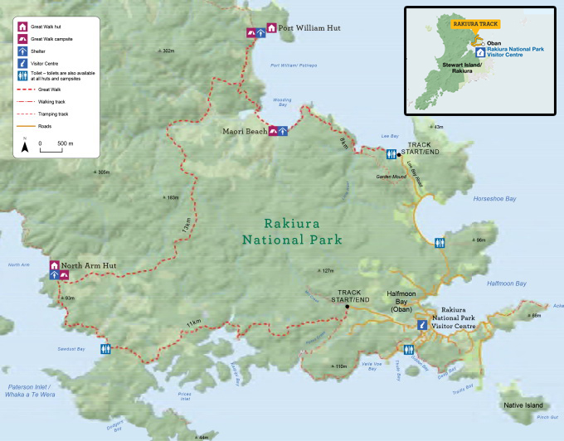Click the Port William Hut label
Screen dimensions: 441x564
(x=309, y=27)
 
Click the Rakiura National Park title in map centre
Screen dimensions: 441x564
(x=291, y=232)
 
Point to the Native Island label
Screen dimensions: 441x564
(x=523, y=405)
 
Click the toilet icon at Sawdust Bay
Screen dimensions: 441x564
(x=105, y=349)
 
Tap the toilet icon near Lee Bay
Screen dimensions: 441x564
(x=391, y=154)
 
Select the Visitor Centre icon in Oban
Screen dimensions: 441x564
(x=421, y=326)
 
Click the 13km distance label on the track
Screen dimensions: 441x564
(x=189, y=223)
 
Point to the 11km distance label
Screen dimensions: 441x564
(x=193, y=322)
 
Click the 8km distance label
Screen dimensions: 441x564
(x=344, y=143)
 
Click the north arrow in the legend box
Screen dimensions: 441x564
(x=26, y=146)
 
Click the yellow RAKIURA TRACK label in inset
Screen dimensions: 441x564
(x=473, y=24)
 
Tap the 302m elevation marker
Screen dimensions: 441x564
(x=167, y=51)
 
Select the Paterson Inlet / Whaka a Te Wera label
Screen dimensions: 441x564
(x=28, y=390)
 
